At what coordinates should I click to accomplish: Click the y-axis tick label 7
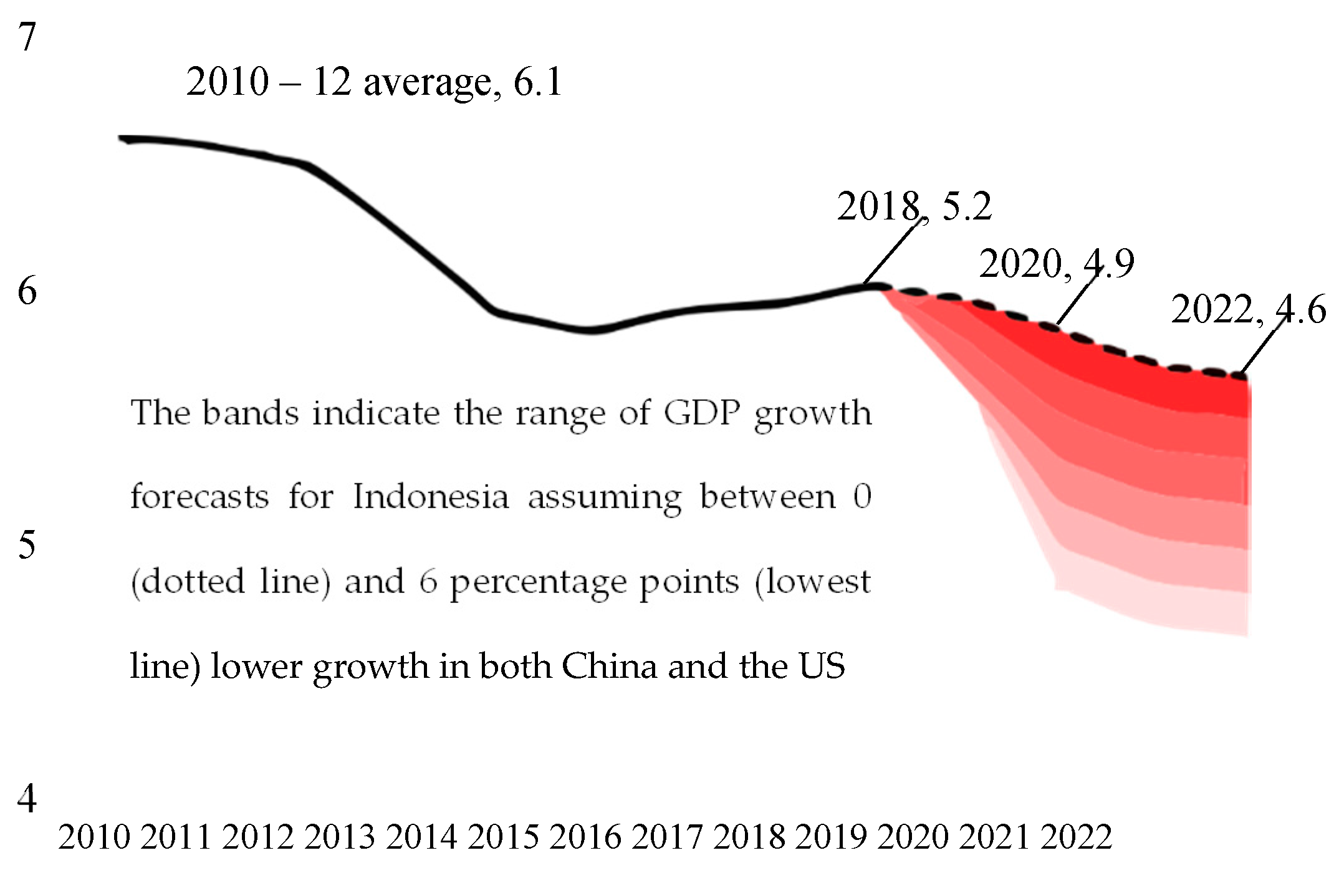click(27, 37)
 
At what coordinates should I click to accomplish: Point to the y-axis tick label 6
click(27, 291)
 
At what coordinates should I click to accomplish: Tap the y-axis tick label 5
click(27, 545)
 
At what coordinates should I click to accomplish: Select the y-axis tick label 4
click(27, 799)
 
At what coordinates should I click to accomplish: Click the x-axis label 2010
click(94, 837)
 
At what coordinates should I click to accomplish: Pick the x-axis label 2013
click(340, 837)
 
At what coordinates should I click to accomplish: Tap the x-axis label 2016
click(585, 837)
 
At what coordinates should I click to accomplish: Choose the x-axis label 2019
click(831, 837)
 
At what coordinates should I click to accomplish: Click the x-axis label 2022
click(1077, 837)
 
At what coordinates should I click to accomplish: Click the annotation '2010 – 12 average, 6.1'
click(374, 82)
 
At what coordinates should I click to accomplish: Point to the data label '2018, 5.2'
click(914, 206)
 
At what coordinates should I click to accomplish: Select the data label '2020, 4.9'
click(1057, 264)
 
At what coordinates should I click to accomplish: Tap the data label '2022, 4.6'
click(1249, 310)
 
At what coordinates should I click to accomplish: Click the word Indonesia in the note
click(431, 498)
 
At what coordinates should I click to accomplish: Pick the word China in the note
click(609, 667)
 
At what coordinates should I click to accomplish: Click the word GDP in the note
click(702, 413)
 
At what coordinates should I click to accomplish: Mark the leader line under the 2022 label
click(1262, 346)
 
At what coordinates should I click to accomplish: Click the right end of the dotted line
click(1243, 376)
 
